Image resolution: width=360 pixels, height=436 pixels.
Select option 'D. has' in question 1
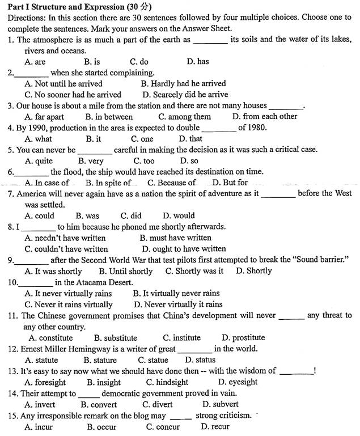click(197, 61)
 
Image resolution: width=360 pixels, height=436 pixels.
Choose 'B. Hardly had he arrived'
click(183, 83)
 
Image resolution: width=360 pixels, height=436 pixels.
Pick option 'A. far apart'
click(44, 117)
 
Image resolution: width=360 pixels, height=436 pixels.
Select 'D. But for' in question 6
click(230, 183)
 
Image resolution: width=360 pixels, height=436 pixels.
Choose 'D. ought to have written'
click(184, 249)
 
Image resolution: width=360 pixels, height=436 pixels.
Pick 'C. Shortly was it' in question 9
click(194, 271)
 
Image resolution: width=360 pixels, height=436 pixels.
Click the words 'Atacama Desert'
click(99, 282)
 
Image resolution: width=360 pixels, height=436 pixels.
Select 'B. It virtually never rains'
click(176, 294)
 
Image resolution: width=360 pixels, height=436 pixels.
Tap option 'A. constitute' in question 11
click(50, 338)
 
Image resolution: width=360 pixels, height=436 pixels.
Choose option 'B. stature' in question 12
click(100, 360)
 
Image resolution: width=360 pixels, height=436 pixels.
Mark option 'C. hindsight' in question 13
click(167, 382)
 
